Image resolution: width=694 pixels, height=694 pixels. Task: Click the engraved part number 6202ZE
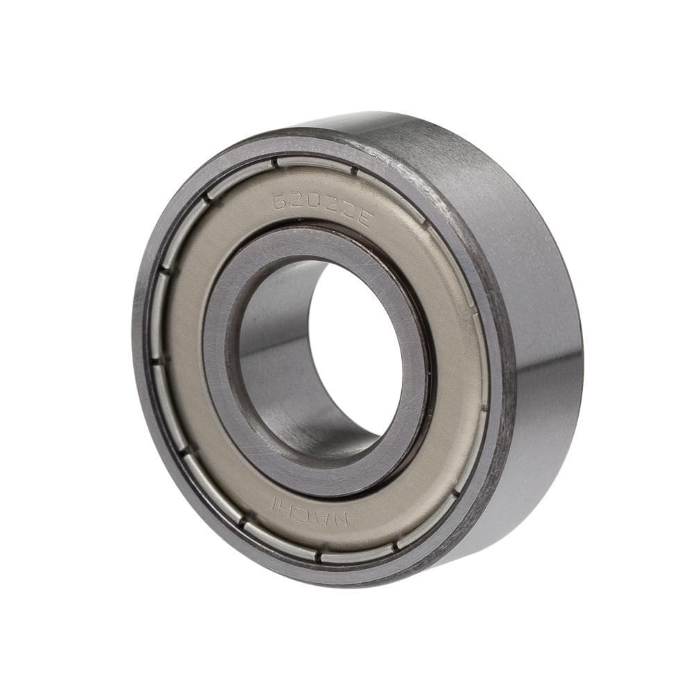[322, 210]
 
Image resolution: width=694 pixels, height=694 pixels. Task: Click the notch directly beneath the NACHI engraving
[319, 555]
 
